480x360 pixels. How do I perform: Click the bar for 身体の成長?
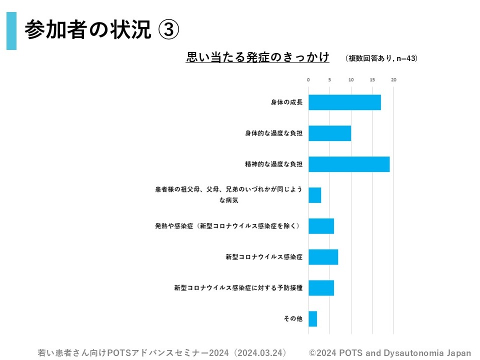[x=344, y=102]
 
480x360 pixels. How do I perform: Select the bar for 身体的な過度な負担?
[x=329, y=133]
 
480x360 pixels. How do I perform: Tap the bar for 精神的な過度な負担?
[x=348, y=164]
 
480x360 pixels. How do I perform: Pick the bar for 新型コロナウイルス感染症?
[x=323, y=257]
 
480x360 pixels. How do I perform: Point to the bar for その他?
[x=312, y=318]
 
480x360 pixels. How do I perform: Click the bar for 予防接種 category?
[x=321, y=288]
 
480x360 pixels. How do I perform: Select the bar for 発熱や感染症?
[x=321, y=226]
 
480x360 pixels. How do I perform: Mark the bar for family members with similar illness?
[x=314, y=195]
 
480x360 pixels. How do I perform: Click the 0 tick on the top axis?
[x=308, y=79]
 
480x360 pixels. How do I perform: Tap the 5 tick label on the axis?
[x=329, y=79]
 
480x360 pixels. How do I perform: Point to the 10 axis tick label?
[x=351, y=79]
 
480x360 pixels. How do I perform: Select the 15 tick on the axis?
[x=372, y=79]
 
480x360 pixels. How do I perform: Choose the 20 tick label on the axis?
[x=394, y=79]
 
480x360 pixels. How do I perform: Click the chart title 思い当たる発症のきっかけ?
[x=257, y=57]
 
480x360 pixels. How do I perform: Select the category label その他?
[x=293, y=318]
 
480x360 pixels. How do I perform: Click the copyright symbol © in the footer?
[x=312, y=352]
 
